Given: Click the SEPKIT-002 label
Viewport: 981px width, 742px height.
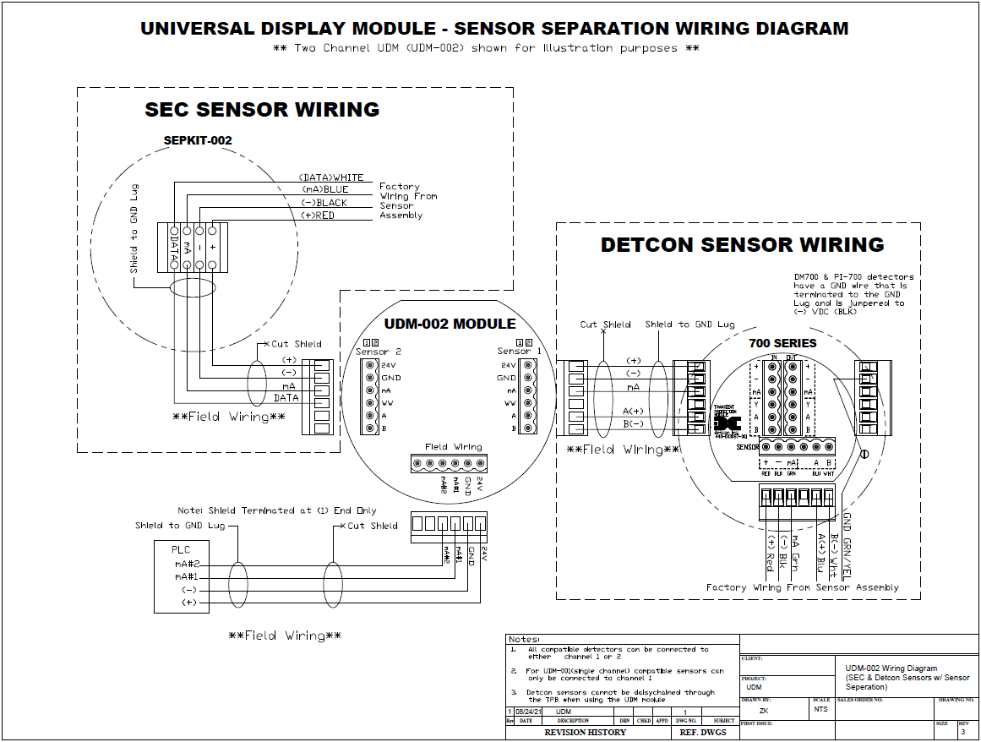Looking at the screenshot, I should tap(197, 140).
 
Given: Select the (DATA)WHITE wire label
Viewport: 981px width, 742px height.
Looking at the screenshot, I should tap(331, 177).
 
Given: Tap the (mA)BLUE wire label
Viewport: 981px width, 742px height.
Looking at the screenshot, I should tap(324, 190).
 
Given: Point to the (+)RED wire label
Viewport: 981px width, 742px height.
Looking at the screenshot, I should tap(319, 216).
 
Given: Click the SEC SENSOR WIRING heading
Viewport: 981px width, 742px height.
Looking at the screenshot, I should tap(262, 110).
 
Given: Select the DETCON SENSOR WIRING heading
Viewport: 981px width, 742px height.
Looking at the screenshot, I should tap(742, 245).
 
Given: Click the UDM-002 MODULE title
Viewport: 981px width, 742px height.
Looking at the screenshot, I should tap(450, 325).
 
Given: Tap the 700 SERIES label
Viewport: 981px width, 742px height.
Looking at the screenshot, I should tap(782, 343).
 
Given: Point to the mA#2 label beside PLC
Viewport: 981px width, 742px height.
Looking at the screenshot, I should tap(188, 564).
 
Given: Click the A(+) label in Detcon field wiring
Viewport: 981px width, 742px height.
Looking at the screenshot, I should tap(634, 411).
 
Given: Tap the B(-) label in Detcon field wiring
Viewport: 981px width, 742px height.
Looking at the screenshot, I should tap(634, 423).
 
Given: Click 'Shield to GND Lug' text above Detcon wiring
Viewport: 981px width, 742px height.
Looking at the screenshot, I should tap(689, 325).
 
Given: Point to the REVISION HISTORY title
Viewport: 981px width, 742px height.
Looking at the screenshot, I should tap(585, 732).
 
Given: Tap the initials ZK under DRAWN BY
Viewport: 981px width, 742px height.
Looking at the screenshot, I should tap(764, 711).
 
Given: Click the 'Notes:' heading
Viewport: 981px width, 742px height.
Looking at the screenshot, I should tap(524, 640).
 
